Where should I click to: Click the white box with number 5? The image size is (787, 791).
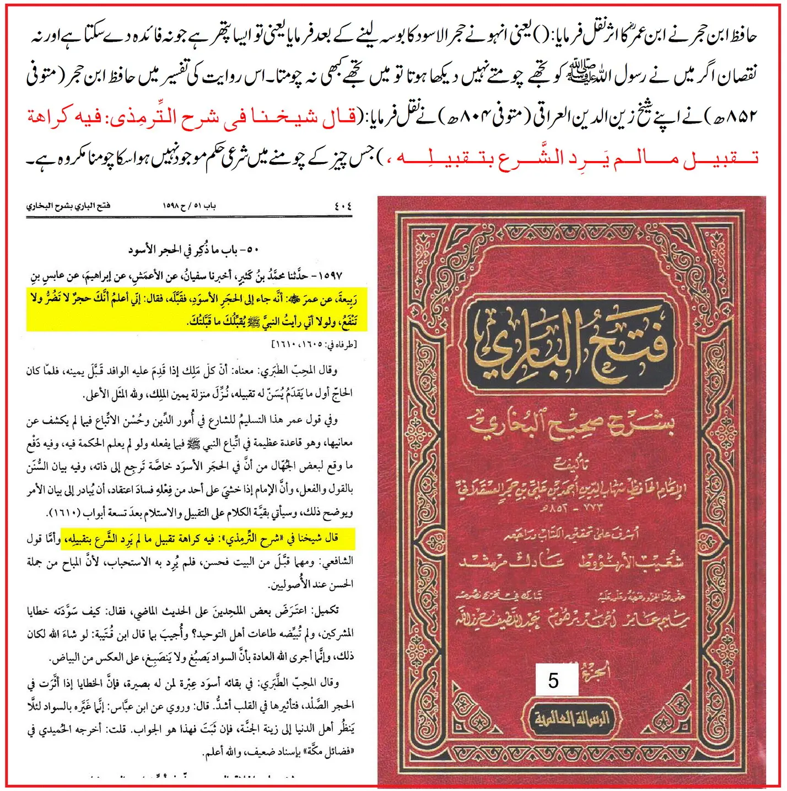coord(556,680)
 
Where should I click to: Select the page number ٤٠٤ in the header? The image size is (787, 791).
coord(342,206)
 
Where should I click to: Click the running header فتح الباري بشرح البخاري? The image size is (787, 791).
coord(68,206)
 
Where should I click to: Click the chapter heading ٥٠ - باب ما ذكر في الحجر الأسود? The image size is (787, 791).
coord(193,250)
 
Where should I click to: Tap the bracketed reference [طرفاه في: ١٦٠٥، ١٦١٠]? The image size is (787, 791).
coord(315,345)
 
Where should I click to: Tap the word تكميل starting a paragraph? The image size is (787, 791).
coord(325,611)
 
